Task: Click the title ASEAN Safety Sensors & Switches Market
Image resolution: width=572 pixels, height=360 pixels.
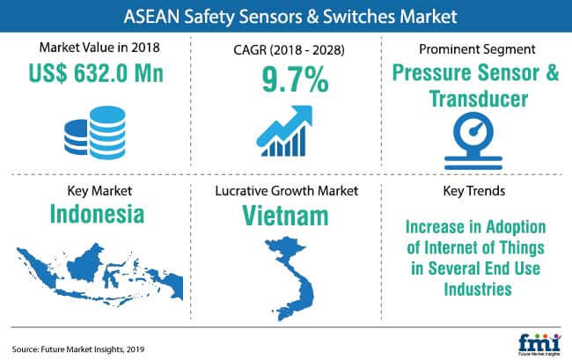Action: coord(290,17)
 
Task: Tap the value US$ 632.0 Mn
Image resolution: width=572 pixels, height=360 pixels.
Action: coord(96,73)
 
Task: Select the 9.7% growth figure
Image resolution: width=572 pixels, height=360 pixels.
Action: coord(295,79)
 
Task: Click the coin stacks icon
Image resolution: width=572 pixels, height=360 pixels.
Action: coord(95,133)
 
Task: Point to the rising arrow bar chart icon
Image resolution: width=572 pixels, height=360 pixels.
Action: coord(284,131)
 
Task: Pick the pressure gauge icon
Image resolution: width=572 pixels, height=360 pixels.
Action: coord(473,141)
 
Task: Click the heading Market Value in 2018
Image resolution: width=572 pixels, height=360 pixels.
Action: coord(99,48)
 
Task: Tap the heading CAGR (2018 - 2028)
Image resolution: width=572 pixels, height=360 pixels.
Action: coord(289,49)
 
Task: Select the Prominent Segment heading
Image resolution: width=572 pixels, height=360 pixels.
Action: coord(477,49)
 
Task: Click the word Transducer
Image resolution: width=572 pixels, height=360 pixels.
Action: coord(479,99)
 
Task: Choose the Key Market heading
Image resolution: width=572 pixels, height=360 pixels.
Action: coord(99,191)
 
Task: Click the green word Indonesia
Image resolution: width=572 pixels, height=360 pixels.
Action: coord(97,214)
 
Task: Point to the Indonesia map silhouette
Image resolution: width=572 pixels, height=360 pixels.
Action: coord(99,275)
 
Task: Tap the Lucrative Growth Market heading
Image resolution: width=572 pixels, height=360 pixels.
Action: coord(286,191)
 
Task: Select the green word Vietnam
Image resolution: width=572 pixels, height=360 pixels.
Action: coord(285,216)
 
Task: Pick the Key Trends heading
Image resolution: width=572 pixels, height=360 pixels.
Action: coord(473,191)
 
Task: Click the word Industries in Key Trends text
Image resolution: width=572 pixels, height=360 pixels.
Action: coord(478,290)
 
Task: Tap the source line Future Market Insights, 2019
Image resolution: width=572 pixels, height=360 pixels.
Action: coord(77,349)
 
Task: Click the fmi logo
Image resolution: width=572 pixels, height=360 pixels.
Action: coord(539,344)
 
